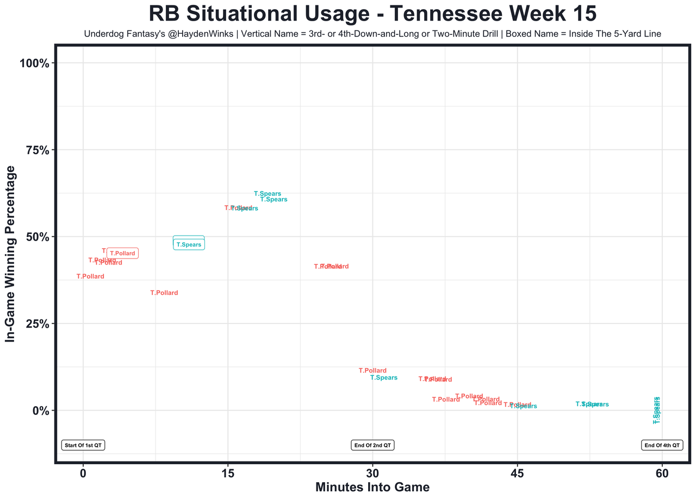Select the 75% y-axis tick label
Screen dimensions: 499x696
pos(38,150)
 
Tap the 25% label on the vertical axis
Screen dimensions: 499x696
pos(38,324)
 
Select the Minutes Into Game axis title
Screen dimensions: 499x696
pos(372,487)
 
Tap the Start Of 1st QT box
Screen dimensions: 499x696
pos(83,445)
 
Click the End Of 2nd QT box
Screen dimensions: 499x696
pos(372,445)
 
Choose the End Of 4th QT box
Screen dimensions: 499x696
pos(662,445)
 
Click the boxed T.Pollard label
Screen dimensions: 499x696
pos(122,254)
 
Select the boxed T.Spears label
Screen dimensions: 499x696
pos(189,245)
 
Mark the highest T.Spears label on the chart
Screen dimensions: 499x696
pos(268,194)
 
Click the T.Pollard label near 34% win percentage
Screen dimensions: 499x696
pos(164,293)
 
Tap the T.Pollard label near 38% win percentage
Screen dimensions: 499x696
pos(90,277)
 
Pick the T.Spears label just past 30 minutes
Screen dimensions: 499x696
pos(384,378)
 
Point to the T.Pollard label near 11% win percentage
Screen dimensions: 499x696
pos(372,371)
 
